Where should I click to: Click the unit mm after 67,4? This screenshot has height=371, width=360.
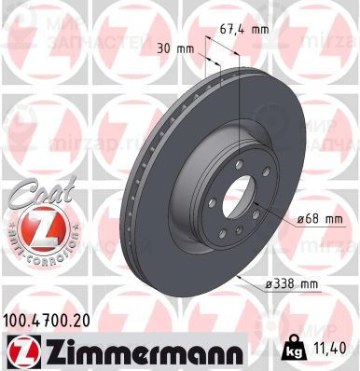(259, 28)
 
